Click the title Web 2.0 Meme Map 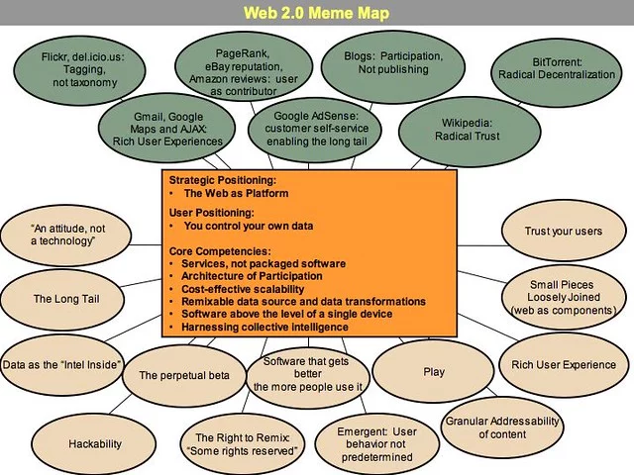[316, 13]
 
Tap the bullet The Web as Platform [235, 194]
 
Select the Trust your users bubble [564, 232]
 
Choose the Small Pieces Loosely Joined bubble [562, 297]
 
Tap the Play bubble [433, 372]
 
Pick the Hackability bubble [95, 445]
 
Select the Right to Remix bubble [243, 445]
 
